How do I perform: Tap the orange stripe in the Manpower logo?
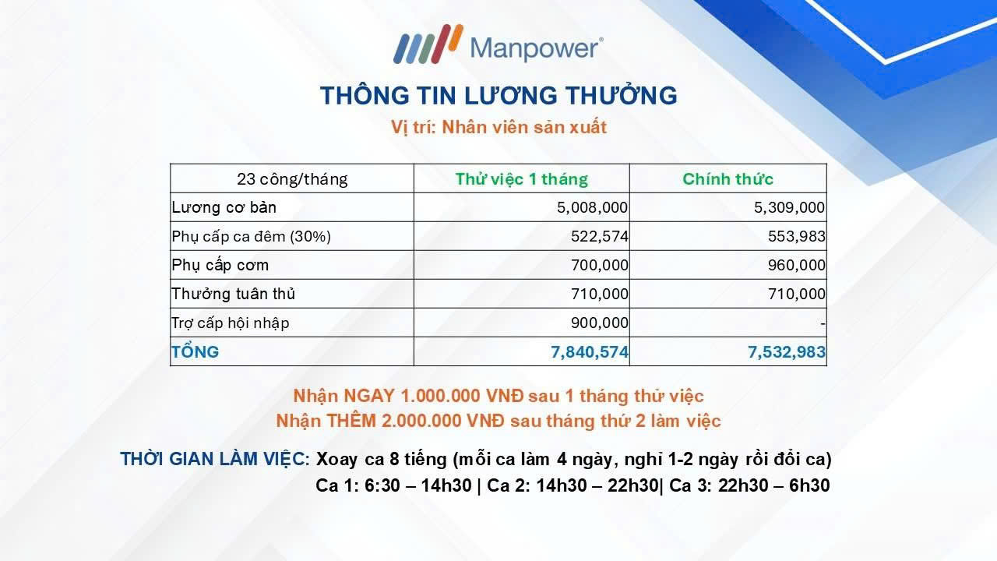tap(456, 37)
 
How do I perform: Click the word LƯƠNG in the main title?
tap(510, 95)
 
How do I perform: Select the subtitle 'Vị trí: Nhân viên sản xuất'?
tap(498, 127)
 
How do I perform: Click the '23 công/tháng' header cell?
tap(292, 179)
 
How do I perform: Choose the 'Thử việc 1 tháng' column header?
tap(521, 179)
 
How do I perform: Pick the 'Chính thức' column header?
tap(727, 179)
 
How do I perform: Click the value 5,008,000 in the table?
tap(592, 207)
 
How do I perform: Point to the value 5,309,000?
tap(789, 207)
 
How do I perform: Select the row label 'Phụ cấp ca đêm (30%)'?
tap(251, 236)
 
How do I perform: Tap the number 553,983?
tap(796, 236)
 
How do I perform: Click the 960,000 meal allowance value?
tap(796, 266)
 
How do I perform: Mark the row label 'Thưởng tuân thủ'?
tap(233, 294)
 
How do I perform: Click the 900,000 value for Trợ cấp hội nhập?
tap(600, 323)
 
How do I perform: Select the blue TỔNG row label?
tap(195, 351)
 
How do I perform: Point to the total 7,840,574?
tap(590, 352)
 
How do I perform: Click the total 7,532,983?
tap(787, 352)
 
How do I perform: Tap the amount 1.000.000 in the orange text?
tap(440, 396)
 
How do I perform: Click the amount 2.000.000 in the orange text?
tap(421, 421)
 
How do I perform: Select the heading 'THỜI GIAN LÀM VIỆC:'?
tap(214, 459)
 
